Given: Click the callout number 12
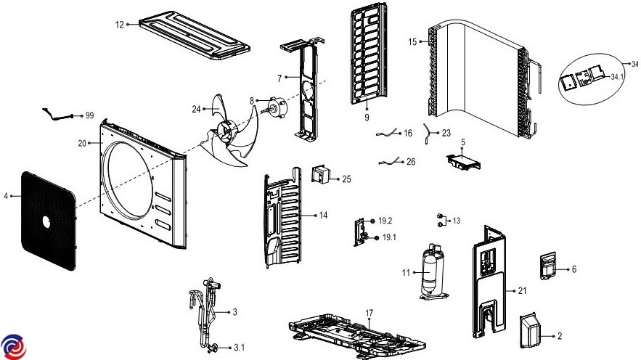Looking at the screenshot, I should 120,24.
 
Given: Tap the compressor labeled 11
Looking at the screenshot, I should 433,272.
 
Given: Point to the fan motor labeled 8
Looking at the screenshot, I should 275,107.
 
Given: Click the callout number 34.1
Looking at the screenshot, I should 618,76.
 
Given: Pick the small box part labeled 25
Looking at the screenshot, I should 320,176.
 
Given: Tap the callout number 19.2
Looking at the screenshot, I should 385,219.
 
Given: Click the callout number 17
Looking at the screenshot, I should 369,313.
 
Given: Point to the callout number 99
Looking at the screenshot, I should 90,115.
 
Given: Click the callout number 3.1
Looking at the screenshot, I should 239,348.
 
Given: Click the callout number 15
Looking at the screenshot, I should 412,42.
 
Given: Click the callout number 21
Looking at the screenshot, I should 522,291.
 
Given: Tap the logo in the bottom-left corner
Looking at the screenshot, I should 14,347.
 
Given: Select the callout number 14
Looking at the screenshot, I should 323,215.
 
